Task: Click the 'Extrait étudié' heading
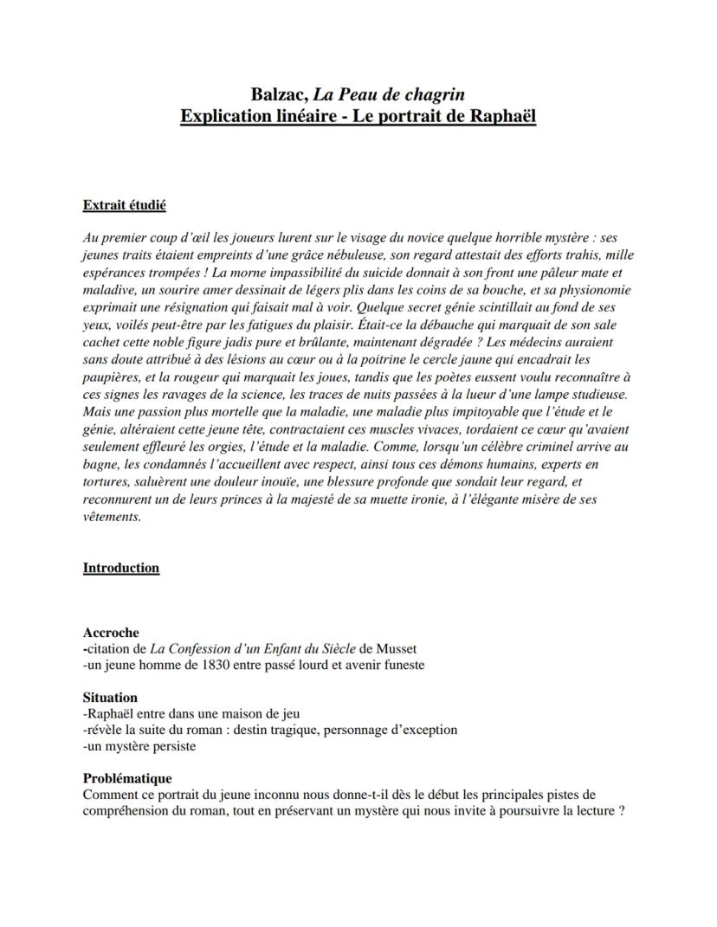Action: click(124, 205)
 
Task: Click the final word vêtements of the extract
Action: click(111, 518)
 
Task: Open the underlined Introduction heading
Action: click(120, 568)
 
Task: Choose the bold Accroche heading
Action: click(111, 634)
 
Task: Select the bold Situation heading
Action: click(110, 698)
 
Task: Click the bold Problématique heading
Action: click(126, 778)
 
